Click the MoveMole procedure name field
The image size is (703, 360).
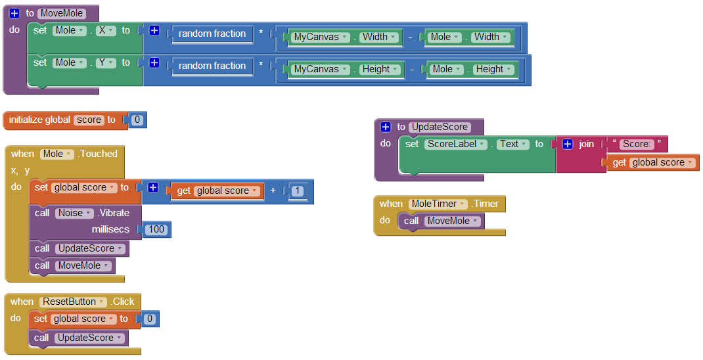pyautogui.click(x=62, y=13)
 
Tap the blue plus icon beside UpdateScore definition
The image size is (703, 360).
pyautogui.click(x=386, y=127)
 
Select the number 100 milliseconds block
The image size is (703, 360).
pyautogui.click(x=157, y=229)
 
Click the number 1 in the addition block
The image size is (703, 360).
pyautogui.click(x=297, y=191)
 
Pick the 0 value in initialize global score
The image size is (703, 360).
pyautogui.click(x=137, y=120)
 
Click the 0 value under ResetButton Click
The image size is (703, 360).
pyautogui.click(x=150, y=319)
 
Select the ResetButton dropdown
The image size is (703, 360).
pyautogui.click(x=73, y=302)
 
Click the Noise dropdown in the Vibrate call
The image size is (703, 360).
pyautogui.click(x=72, y=213)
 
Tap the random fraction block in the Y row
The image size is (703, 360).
pyautogui.click(x=212, y=66)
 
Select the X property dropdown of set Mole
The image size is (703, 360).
pyautogui.click(x=104, y=30)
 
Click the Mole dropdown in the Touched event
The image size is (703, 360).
pyautogui.click(x=57, y=154)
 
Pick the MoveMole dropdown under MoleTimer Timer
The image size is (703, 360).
pyautogui.click(x=451, y=221)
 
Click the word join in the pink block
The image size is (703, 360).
pyautogui.click(x=586, y=144)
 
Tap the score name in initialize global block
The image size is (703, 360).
pyautogui.click(x=89, y=120)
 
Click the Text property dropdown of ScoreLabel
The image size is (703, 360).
pyautogui.click(x=512, y=144)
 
